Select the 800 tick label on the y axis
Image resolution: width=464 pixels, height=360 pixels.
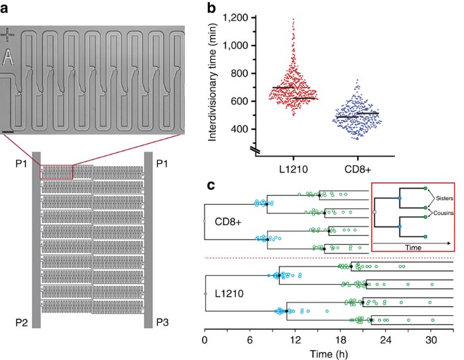coord(234,73)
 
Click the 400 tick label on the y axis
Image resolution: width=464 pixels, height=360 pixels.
coord(234,129)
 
